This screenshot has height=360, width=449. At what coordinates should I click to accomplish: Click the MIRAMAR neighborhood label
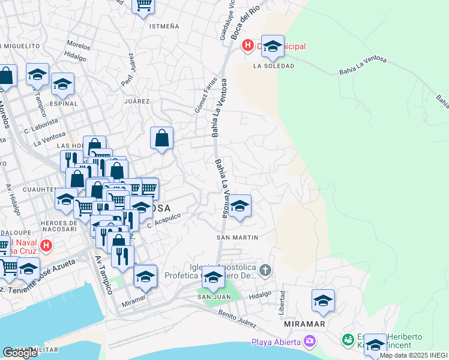click(x=305, y=324)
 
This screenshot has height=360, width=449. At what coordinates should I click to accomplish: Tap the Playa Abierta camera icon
click(x=310, y=342)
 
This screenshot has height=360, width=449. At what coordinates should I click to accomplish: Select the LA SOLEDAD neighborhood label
click(x=274, y=66)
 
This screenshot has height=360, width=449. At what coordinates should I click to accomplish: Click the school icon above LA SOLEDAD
click(x=273, y=46)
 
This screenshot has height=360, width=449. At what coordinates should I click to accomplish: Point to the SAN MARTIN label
click(x=237, y=238)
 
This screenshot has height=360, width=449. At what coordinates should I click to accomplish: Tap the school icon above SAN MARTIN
click(x=240, y=206)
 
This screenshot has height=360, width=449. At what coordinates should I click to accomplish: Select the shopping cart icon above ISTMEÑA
click(x=143, y=5)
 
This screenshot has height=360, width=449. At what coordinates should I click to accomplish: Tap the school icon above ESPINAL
click(x=62, y=85)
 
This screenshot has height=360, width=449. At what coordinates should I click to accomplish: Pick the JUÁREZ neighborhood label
click(x=136, y=101)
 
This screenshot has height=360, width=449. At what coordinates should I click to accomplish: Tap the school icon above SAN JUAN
click(x=212, y=278)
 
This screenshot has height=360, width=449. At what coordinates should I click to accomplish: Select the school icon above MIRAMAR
click(x=323, y=301)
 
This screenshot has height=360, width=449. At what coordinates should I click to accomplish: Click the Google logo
click(x=20, y=353)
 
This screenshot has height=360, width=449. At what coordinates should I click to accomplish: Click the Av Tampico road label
click(x=103, y=275)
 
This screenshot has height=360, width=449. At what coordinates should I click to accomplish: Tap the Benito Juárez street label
click(x=238, y=319)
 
